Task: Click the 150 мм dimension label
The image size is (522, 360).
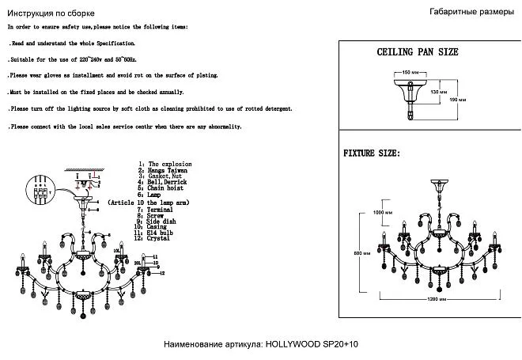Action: click(407, 72)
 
